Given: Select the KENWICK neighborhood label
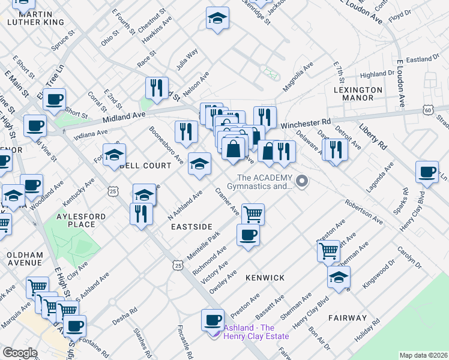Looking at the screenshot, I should [265, 278].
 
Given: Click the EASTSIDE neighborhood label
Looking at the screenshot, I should [191, 227].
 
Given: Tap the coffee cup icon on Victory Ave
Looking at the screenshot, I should [247, 235].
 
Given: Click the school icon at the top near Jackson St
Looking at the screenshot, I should [217, 18].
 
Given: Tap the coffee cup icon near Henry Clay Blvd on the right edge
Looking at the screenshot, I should [427, 172].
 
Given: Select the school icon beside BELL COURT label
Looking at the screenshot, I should [114, 155].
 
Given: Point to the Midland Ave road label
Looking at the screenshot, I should [124, 117].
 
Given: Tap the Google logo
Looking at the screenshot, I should [20, 352].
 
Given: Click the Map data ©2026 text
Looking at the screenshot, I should [423, 355].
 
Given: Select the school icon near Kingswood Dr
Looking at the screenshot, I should [339, 277].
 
